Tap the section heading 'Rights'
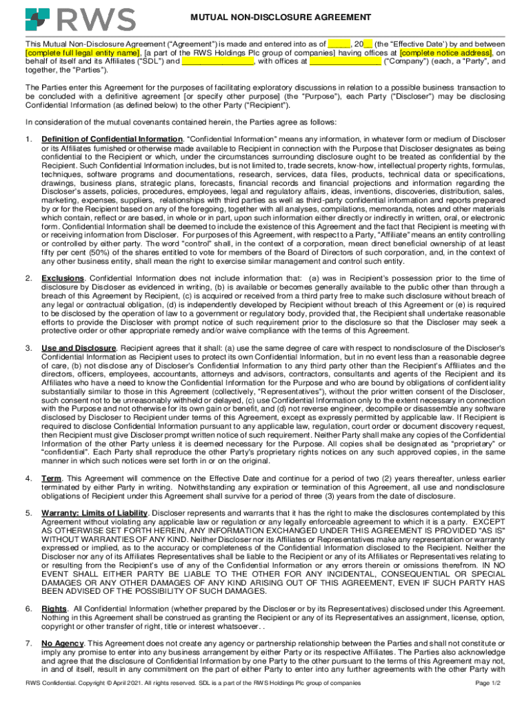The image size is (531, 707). (54, 608)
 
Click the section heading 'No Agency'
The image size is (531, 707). (63, 643)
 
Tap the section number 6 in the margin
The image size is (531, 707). (28, 608)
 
